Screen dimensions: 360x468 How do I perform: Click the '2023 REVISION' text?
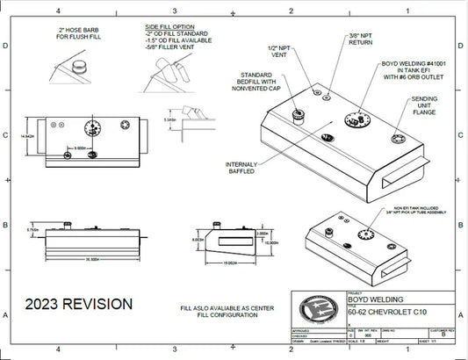point(79,304)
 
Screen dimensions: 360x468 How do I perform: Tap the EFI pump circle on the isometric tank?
point(357,121)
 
